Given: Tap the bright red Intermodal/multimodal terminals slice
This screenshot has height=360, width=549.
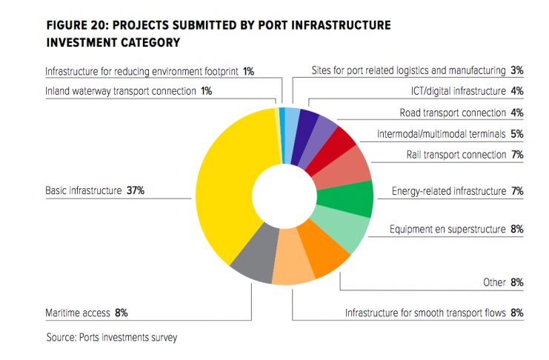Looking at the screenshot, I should pos(342,142).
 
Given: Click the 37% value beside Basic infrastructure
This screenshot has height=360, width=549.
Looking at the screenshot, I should pos(135,190).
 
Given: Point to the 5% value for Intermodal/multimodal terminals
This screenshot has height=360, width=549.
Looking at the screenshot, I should pos(517,134).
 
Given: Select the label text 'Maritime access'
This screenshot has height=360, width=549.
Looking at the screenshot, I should pos(77,313).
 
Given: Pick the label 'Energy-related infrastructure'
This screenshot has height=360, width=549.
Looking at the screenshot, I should pos(447,191).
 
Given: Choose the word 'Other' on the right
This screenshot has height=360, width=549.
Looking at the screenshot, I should pos(494,282).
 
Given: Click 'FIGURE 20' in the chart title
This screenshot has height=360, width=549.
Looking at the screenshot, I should pos(79,26).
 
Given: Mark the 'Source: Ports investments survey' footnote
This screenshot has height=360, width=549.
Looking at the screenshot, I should pos(111,337).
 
